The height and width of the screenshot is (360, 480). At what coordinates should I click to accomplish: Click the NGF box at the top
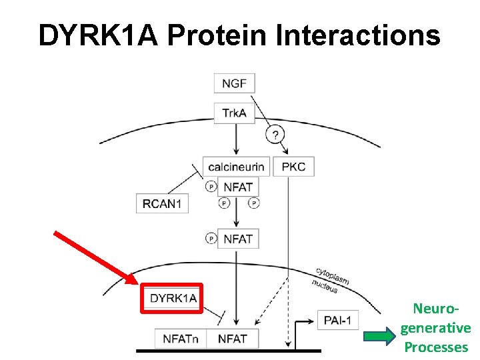click(x=234, y=84)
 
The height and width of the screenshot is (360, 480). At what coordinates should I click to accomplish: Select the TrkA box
click(x=234, y=113)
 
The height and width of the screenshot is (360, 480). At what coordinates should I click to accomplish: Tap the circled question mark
click(x=275, y=135)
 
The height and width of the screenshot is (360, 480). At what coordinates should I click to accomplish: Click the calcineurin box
click(x=236, y=166)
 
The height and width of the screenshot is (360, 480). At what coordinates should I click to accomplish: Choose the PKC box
click(x=294, y=166)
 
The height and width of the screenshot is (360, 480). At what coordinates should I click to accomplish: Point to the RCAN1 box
click(x=162, y=203)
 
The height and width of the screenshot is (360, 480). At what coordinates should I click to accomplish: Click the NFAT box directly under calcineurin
click(x=238, y=186)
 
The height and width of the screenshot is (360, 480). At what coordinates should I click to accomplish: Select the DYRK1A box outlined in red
click(x=173, y=298)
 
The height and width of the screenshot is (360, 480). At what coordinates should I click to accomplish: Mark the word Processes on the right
click(x=436, y=347)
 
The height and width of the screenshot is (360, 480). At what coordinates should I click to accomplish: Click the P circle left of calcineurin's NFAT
click(x=211, y=186)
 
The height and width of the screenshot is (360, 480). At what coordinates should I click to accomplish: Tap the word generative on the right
click(x=436, y=328)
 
